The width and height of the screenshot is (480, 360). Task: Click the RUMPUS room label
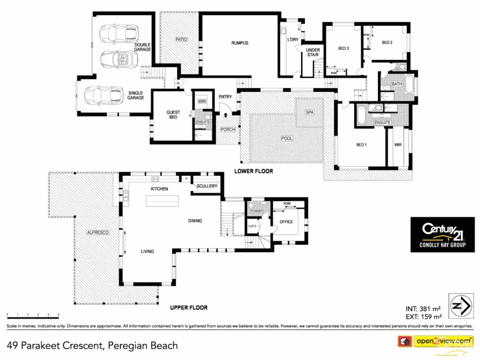240,43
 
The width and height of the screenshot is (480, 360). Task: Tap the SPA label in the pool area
310,112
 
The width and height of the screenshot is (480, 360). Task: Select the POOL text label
287,138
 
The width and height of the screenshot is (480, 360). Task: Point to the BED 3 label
343,49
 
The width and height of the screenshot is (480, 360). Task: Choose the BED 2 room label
387,43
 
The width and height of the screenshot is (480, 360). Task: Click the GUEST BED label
173,114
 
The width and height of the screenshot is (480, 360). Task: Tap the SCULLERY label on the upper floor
205,187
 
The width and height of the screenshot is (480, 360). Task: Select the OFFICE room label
286,222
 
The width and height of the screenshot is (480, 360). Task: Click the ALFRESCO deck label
97,232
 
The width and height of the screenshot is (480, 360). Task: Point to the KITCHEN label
160,189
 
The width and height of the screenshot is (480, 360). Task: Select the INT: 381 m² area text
423,307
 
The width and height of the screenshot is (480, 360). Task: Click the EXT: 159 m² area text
424,316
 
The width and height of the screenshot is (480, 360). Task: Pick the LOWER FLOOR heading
253,172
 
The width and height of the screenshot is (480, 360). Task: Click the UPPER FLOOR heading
188,308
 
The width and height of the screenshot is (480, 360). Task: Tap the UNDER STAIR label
313,52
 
